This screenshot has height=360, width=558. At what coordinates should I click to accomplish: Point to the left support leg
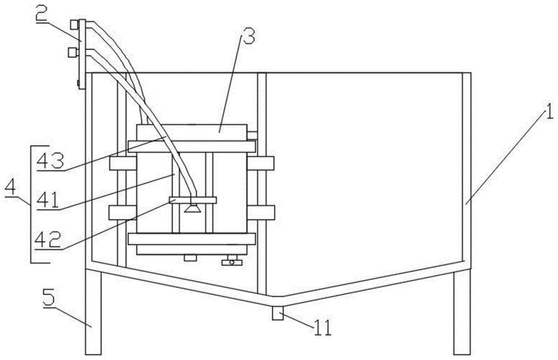click(93, 313)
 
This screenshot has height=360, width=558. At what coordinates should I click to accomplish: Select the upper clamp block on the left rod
click(122, 164)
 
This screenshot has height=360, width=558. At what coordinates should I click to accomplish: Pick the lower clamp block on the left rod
click(122, 213)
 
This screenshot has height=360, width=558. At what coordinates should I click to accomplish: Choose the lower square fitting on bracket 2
click(72, 53)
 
